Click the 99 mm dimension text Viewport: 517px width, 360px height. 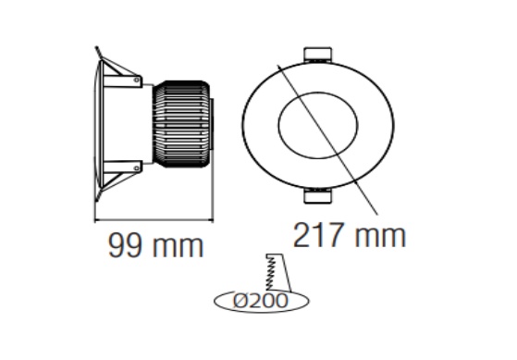155,246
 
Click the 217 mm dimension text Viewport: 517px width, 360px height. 350,235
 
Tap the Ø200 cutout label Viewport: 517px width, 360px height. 261,301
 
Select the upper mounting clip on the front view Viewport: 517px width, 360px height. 317,55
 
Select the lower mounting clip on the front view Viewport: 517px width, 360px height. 317,196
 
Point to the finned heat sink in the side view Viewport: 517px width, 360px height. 181,124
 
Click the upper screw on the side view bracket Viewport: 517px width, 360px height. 137,80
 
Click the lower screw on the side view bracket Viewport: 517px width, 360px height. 137,168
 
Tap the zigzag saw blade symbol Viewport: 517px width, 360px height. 270,273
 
